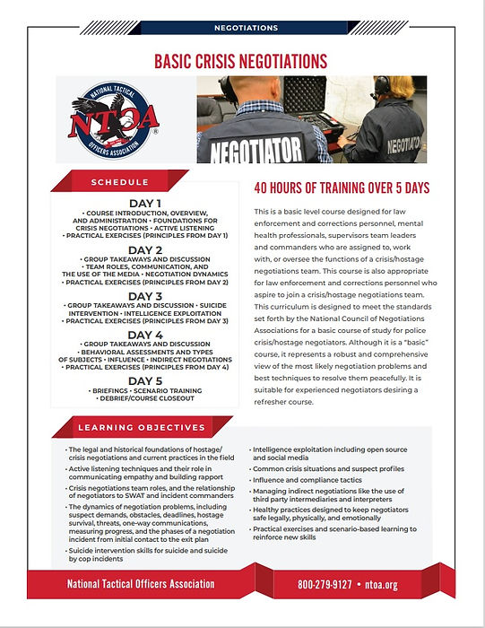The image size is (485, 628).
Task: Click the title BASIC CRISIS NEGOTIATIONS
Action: (x=240, y=61)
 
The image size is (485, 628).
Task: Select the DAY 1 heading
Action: (x=145, y=204)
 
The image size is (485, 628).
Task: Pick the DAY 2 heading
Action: (x=145, y=250)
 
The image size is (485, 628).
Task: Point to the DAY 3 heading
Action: (x=145, y=296)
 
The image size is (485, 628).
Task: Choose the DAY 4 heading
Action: (x=145, y=336)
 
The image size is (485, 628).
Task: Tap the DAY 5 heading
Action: (x=145, y=381)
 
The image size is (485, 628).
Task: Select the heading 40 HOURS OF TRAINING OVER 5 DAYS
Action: (x=342, y=188)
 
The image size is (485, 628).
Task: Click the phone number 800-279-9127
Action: (x=332, y=584)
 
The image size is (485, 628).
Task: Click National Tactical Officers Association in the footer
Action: (x=141, y=584)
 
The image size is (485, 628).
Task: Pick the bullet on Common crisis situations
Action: (x=329, y=468)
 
